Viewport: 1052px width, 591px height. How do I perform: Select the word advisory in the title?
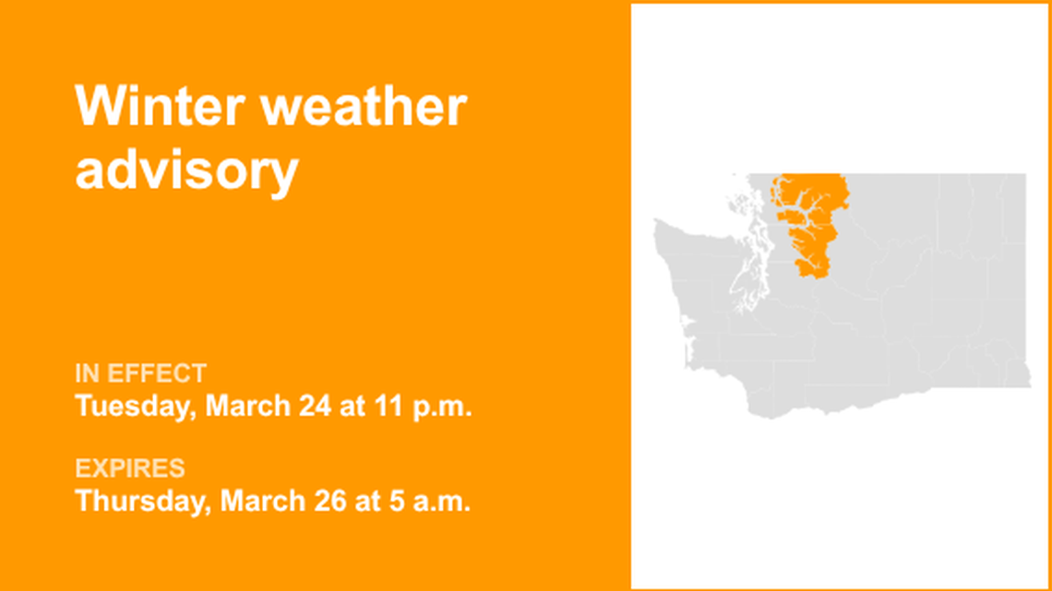point(186,170)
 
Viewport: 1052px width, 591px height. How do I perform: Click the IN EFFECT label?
point(140,373)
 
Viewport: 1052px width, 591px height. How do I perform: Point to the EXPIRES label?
point(130,468)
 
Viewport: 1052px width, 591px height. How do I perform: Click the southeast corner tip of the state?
point(1028,384)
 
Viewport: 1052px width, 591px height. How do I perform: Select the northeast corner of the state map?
point(1023,175)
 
